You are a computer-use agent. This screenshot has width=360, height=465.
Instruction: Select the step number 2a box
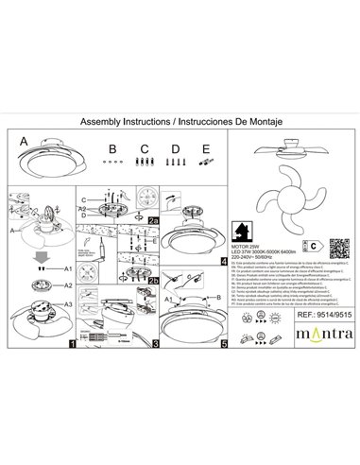pyautogui.click(x=152, y=216)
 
